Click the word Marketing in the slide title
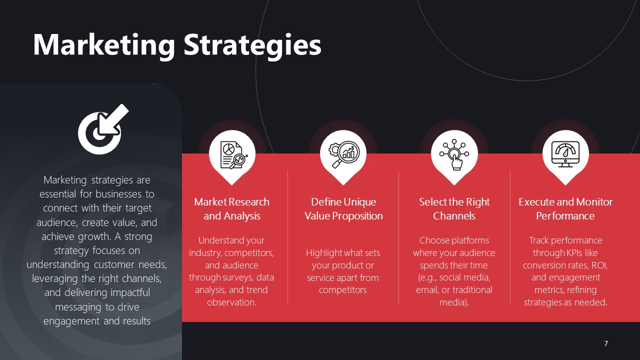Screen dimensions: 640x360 pyautogui.click(x=103, y=45)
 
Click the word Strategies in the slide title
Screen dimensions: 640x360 pyautogui.click(x=252, y=45)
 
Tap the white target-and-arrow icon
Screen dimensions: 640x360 pyautogui.click(x=103, y=129)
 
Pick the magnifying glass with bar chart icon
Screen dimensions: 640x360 pyautogui.click(x=343, y=154)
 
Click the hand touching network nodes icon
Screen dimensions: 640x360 pyautogui.click(x=454, y=154)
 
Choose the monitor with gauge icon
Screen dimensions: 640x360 pyautogui.click(x=565, y=154)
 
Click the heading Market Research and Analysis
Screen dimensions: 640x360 pyautogui.click(x=231, y=209)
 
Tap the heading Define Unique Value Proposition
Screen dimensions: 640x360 pyautogui.click(x=343, y=209)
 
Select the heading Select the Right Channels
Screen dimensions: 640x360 pyautogui.click(x=454, y=209)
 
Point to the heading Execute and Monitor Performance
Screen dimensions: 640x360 pyautogui.click(x=565, y=209)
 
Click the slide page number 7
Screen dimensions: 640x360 pyautogui.click(x=606, y=343)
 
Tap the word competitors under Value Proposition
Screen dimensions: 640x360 pyautogui.click(x=342, y=290)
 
